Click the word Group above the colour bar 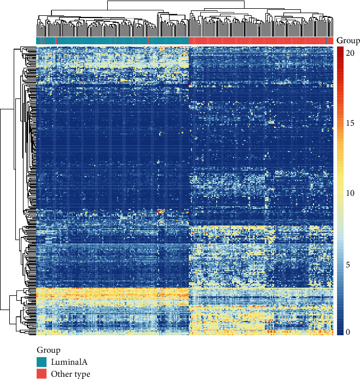(x=348, y=40)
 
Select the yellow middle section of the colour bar (x=340, y=186)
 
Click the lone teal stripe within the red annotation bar (x=327, y=40)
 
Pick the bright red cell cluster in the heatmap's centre (x=160, y=211)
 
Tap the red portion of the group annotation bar (x=257, y=40)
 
